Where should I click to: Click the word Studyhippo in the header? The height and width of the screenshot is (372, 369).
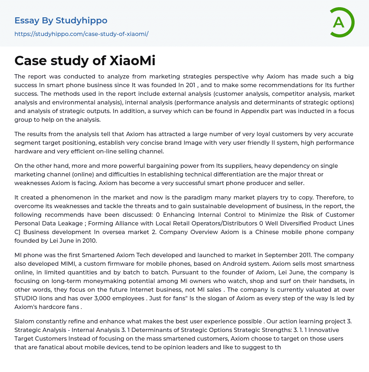[81, 21]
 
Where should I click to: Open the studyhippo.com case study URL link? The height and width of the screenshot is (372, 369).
[81, 34]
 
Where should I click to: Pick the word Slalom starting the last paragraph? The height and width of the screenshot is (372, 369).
[24, 321]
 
